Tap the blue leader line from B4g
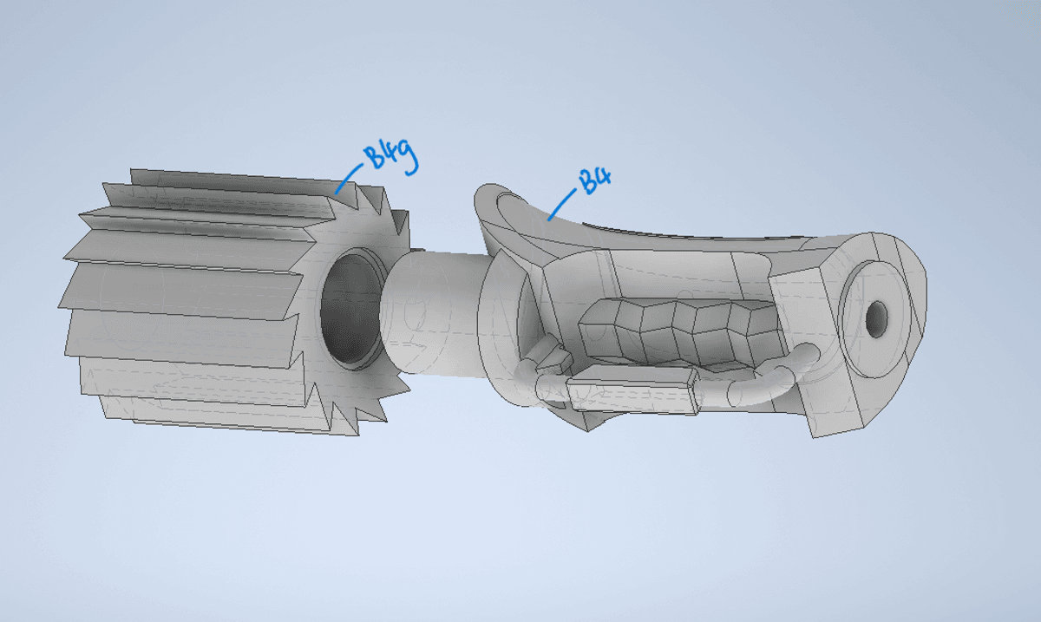point(349,179)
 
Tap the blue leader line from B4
point(562,204)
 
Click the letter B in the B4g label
point(373,156)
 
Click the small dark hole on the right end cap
point(876,319)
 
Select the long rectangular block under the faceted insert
point(633,390)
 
